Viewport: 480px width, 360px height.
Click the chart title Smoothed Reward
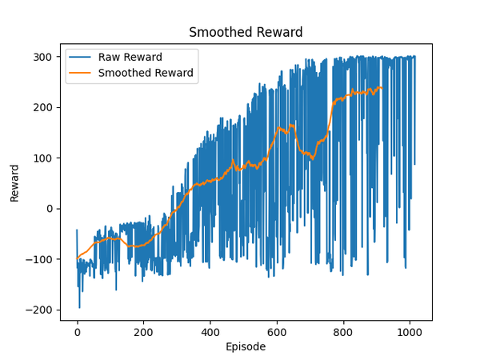246,33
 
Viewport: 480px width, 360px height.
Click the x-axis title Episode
246,347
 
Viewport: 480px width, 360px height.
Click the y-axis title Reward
14,184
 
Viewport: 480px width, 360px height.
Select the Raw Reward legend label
130,58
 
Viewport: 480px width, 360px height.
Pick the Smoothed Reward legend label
146,73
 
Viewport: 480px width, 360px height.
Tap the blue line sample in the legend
80,58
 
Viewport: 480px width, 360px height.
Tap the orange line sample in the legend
80,73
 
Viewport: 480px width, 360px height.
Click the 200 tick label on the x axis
144,331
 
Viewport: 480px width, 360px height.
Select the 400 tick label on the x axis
210,331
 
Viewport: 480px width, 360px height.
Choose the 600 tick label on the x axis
277,331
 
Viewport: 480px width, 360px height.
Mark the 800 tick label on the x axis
343,331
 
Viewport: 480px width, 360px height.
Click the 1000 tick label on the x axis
410,331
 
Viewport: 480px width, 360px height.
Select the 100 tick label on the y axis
44,158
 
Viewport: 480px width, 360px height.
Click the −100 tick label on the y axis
41,259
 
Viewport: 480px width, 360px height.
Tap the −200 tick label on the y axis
41,310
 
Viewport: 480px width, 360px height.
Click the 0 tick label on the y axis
50,209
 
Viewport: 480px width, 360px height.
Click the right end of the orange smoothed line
382,87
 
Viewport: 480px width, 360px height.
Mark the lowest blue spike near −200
79,307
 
